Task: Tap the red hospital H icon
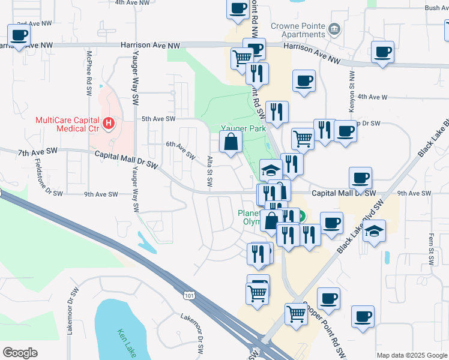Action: click(108, 124)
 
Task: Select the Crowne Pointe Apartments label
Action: click(298, 30)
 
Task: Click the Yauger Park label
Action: click(243, 128)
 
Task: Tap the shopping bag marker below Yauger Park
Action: click(231, 143)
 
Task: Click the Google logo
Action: click(20, 352)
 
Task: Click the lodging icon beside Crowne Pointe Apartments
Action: click(335, 28)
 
